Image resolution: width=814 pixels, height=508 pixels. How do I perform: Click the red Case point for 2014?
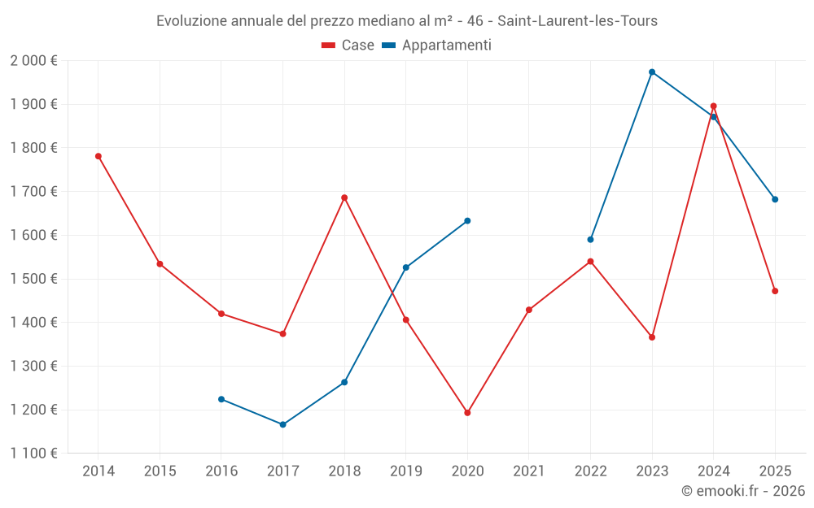click(98, 156)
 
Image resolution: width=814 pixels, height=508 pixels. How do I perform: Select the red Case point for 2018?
click(344, 198)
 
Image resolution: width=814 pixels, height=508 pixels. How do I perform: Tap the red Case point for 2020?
click(467, 413)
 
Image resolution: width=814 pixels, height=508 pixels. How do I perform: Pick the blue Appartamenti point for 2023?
click(652, 72)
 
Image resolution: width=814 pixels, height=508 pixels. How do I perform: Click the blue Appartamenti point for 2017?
click(283, 424)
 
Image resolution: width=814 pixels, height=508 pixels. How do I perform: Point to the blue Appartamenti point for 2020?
click(467, 221)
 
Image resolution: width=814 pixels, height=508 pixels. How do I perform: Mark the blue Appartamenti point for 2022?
click(590, 240)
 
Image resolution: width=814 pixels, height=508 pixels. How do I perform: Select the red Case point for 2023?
click(652, 337)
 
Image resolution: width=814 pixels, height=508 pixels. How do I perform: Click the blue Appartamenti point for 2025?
click(775, 199)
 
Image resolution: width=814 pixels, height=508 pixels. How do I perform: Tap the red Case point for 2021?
click(529, 310)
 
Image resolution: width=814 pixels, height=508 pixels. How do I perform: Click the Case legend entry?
click(348, 46)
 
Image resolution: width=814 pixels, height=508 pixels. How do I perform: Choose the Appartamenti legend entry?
click(437, 46)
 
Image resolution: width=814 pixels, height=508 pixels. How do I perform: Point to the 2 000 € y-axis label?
click(33, 61)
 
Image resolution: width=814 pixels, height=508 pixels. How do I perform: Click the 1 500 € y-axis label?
click(33, 279)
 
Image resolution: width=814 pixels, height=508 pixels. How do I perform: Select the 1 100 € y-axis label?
click(33, 454)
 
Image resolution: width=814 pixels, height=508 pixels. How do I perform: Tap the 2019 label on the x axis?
click(406, 471)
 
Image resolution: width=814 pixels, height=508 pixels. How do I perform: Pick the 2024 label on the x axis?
click(713, 471)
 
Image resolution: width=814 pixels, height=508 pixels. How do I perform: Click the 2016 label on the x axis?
click(221, 471)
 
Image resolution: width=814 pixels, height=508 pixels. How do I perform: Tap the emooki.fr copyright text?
click(742, 491)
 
